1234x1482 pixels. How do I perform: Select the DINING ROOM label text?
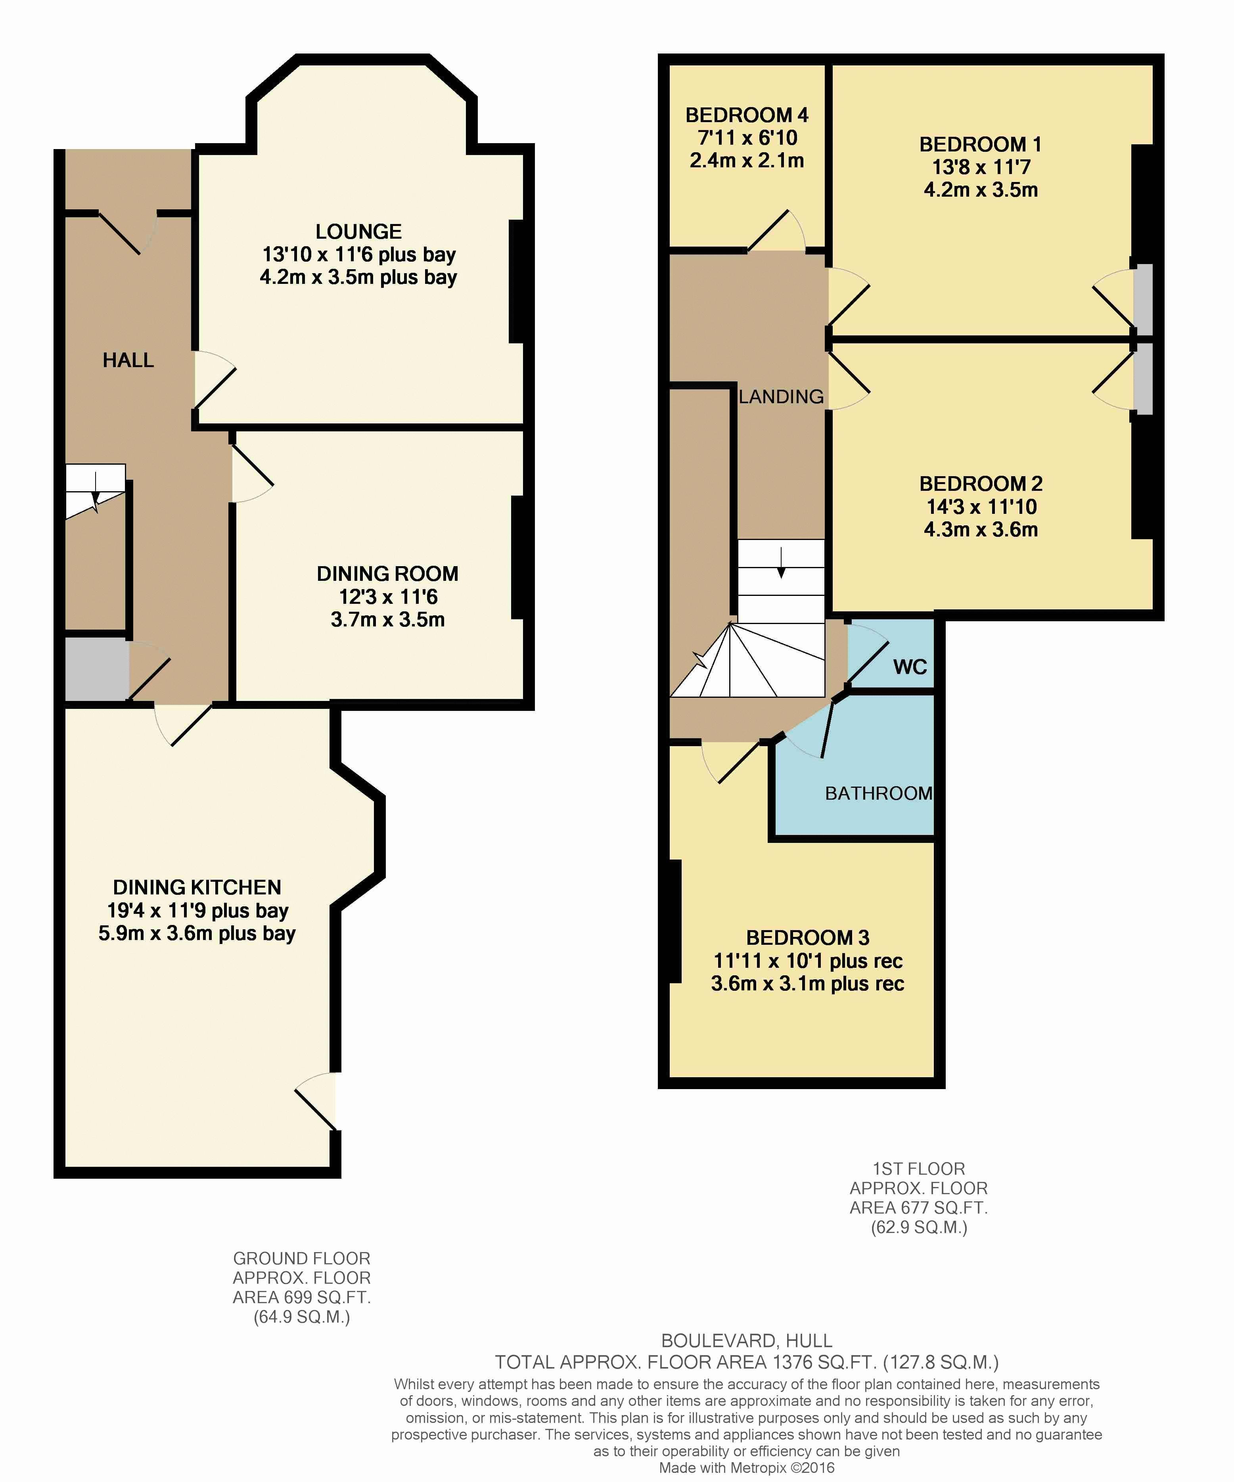pyautogui.click(x=387, y=574)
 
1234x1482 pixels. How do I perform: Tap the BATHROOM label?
pyautogui.click(x=879, y=793)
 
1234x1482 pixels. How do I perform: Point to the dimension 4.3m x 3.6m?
pyautogui.click(x=981, y=529)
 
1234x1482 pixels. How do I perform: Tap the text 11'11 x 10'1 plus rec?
pyautogui.click(x=808, y=961)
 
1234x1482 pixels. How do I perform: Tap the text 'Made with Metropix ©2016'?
pyautogui.click(x=747, y=1468)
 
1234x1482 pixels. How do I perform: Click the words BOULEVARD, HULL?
pyautogui.click(x=747, y=1340)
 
